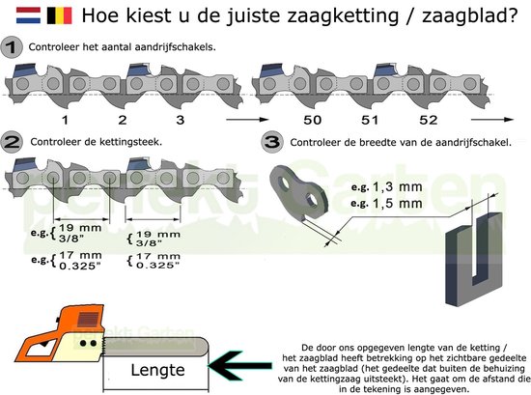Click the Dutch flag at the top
(x=28, y=15)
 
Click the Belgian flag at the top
(x=60, y=15)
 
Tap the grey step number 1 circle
(x=12, y=47)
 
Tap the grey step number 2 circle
(x=12, y=142)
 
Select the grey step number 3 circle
(x=272, y=142)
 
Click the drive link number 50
(x=312, y=120)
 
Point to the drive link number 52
(x=428, y=120)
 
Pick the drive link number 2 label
(x=123, y=120)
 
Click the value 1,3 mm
(x=397, y=186)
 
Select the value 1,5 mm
(x=397, y=203)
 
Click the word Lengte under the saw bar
(x=157, y=370)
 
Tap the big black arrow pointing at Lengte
(x=240, y=365)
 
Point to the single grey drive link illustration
(x=299, y=192)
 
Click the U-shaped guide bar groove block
(x=474, y=259)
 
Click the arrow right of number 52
(x=492, y=120)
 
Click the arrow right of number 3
(x=247, y=120)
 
